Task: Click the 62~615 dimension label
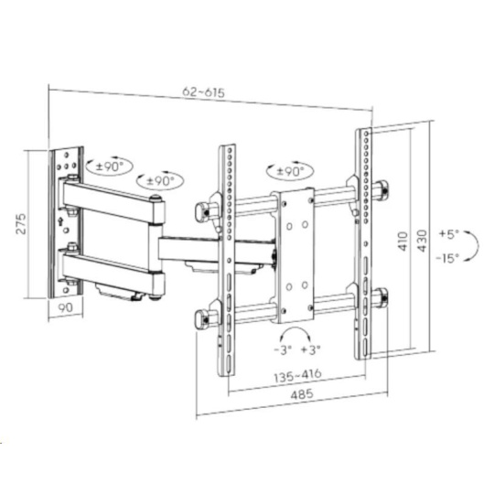203,92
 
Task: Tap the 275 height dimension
21,224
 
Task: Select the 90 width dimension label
66,307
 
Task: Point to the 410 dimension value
403,241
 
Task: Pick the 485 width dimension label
302,394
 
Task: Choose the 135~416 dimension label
297,375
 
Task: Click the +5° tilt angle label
449,234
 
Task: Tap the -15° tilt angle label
447,258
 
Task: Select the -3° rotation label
283,349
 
